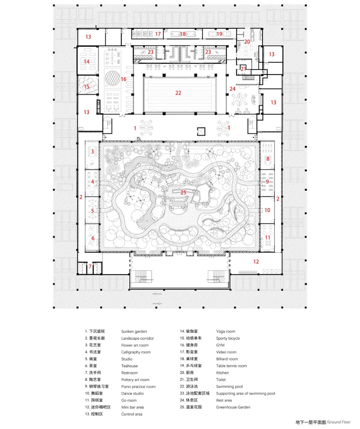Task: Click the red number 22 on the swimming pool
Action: [x=178, y=93]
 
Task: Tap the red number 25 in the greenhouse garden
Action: [x=183, y=192]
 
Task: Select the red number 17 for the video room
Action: [x=158, y=34]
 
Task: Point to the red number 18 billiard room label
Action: [x=183, y=34]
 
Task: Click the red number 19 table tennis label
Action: [x=219, y=34]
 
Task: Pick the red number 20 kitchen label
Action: [x=247, y=42]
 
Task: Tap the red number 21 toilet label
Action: [x=243, y=69]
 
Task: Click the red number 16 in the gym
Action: [x=124, y=79]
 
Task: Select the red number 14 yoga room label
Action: [x=87, y=61]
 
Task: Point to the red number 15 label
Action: [x=87, y=87]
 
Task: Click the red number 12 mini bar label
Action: [x=256, y=261]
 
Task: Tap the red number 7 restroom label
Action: [x=90, y=266]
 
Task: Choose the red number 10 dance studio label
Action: [x=267, y=210]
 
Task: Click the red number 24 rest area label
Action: [x=232, y=89]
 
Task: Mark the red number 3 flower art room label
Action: [x=92, y=152]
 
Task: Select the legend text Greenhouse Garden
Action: [x=233, y=407]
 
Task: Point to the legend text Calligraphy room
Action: [x=136, y=352]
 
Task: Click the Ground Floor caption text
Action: [x=339, y=422]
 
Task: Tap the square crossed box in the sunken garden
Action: [x=201, y=131]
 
